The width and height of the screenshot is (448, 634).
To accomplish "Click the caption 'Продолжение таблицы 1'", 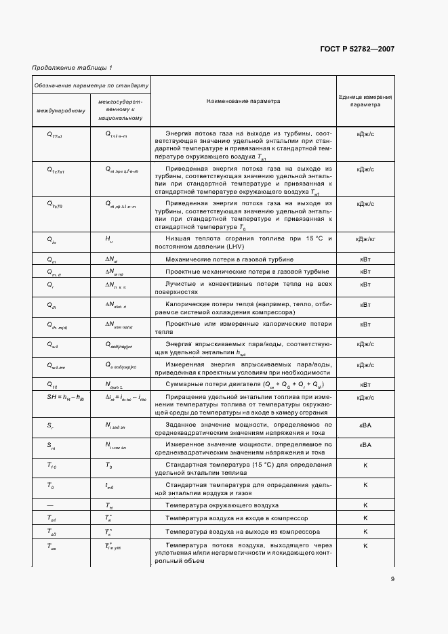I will (73, 68).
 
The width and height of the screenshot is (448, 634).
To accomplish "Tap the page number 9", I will (392, 578).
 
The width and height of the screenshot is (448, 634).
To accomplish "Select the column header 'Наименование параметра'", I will (243, 101).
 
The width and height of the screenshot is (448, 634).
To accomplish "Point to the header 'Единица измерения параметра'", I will (365, 101).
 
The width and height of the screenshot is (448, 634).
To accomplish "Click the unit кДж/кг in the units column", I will (365, 240).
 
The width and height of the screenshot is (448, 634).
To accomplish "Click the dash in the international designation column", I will (51, 505).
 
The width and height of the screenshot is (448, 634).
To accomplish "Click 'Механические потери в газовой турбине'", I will (220, 259).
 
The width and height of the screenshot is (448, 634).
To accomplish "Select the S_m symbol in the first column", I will (51, 445).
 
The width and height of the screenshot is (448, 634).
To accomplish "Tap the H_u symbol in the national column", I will (108, 240).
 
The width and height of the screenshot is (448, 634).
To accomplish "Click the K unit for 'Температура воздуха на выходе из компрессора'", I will (365, 532).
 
